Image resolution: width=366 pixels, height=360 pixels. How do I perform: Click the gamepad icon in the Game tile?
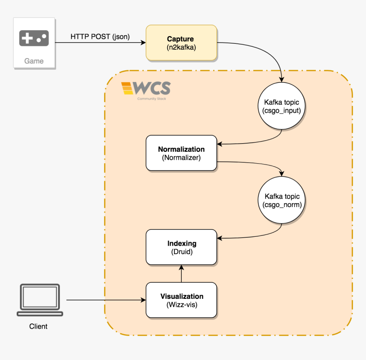(34, 39)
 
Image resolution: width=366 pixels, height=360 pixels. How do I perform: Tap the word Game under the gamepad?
(34, 61)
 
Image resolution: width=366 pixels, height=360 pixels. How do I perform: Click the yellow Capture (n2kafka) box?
(181, 43)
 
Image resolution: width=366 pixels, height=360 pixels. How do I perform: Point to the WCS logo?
(146, 89)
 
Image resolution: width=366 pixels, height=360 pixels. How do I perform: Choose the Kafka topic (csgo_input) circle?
(281, 107)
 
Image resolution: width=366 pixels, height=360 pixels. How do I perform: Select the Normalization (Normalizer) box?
(181, 153)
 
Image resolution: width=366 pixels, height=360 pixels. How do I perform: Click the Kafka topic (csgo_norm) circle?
(281, 201)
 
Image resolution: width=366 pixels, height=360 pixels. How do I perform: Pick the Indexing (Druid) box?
(181, 247)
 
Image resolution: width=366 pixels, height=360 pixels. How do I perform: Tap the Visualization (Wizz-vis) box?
(181, 300)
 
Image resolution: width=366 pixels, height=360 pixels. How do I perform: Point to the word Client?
(38, 326)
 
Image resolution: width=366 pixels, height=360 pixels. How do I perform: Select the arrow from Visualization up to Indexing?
(182, 273)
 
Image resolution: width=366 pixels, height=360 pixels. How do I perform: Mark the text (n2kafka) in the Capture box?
(181, 48)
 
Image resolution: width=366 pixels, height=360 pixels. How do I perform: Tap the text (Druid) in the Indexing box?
(182, 252)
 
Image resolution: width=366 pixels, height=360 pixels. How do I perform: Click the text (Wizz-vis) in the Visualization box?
(182, 305)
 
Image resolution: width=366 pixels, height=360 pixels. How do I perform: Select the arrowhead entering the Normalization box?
(220, 144)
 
